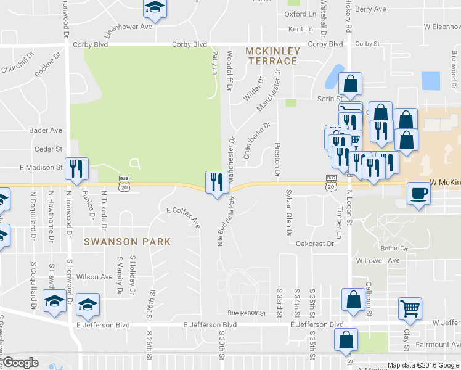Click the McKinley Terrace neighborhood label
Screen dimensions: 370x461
point(272,55)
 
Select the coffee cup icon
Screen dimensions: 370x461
point(418,194)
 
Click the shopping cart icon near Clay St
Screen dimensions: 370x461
point(410,308)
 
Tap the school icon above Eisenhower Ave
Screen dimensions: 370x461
point(155,8)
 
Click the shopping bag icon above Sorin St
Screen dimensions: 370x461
point(350,84)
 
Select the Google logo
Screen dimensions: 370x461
point(20,363)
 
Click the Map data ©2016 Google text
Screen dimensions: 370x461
point(422,365)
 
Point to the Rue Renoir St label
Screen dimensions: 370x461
point(246,313)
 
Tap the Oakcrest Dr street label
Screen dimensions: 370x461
point(314,244)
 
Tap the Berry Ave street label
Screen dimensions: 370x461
point(370,9)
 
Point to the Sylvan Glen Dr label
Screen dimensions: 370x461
point(287,213)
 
